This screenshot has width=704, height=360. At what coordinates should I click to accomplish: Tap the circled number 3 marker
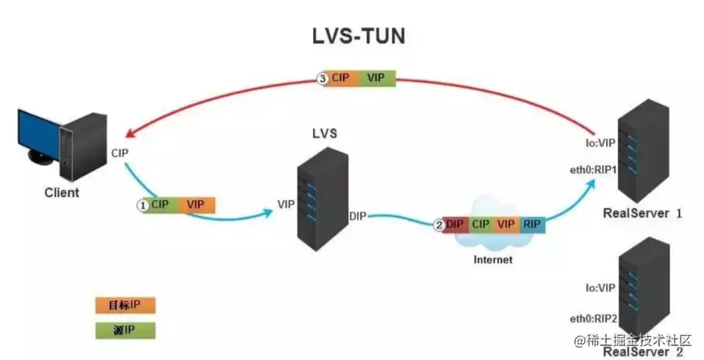coord(322,79)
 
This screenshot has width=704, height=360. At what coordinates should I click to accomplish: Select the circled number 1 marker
coord(143,205)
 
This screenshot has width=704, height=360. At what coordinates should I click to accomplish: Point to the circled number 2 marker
coord(439,225)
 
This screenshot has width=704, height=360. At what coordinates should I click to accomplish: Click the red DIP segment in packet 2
coord(455,225)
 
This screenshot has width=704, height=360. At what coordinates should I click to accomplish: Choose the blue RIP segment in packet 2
coord(532,225)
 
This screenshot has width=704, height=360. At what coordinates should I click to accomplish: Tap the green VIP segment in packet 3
coord(376,79)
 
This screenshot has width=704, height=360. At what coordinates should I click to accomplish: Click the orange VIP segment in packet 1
coord(195,205)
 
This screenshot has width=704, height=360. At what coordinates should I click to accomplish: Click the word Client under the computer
coord(61,193)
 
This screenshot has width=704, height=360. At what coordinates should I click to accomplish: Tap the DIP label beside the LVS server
coord(359,215)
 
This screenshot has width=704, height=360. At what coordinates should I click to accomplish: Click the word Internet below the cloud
coord(493,259)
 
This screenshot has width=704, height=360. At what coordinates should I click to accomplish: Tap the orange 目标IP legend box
coord(125,305)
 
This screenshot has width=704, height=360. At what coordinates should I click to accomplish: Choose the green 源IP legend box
coord(125,330)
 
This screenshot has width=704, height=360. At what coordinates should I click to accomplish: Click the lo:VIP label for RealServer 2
coord(601,289)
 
